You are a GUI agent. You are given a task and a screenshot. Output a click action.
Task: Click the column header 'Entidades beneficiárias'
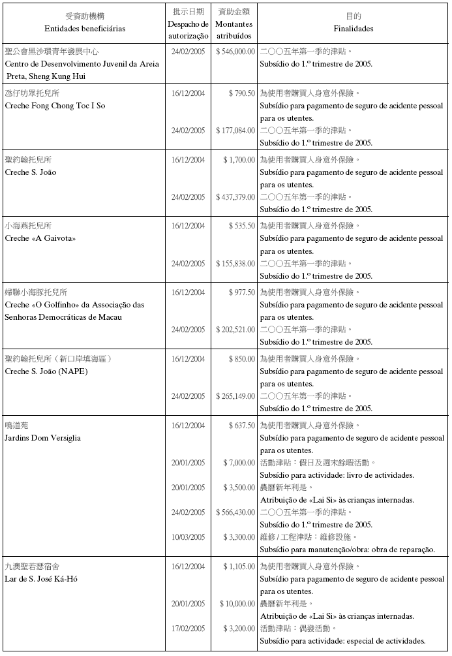click(85, 29)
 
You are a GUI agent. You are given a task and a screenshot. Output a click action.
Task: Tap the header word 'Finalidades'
click(353, 29)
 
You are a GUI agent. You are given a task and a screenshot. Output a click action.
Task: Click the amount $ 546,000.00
click(235, 51)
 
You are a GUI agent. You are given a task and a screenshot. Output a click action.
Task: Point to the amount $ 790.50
click(241, 93)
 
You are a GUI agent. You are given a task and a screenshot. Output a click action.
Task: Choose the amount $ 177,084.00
click(235, 131)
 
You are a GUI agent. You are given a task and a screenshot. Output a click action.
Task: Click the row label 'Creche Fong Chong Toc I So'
click(55, 106)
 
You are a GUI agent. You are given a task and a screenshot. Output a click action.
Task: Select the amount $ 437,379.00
click(235, 197)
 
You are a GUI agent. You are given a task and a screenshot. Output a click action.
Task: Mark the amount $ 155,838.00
click(235, 264)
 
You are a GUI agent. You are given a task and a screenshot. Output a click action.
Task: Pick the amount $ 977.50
click(241, 292)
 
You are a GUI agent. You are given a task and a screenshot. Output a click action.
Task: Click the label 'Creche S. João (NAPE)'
click(46, 371)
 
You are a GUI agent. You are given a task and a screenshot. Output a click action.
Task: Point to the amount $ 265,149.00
click(235, 396)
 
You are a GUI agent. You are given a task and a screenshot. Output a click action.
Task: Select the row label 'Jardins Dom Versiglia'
click(43, 438)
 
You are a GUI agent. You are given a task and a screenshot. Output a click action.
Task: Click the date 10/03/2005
click(188, 537)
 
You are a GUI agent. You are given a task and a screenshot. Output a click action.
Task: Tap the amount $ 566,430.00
click(235, 512)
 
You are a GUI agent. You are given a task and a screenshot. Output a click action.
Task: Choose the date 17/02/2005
click(188, 629)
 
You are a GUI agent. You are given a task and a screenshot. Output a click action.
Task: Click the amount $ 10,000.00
click(237, 604)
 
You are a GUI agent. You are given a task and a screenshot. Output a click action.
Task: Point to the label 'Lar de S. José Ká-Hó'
click(42, 579)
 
